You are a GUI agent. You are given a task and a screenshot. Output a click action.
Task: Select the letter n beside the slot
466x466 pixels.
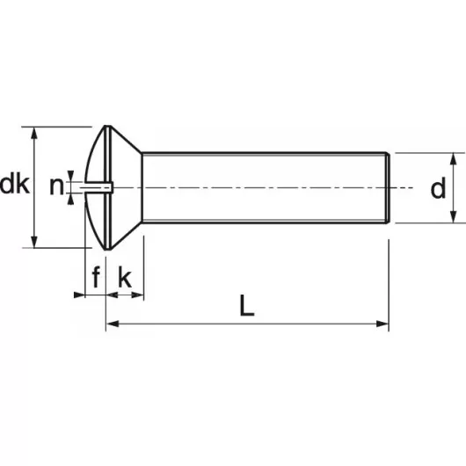coord(56,186)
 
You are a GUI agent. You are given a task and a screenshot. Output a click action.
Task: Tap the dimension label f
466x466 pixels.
coord(96,279)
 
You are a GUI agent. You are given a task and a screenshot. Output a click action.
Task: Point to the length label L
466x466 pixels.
coord(246,306)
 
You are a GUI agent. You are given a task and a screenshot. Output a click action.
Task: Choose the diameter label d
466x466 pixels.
coord(437,188)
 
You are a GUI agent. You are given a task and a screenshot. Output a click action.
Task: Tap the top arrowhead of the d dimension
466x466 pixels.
coord(454,158)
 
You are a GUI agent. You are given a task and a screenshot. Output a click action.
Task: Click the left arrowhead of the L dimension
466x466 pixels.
coord(111,324)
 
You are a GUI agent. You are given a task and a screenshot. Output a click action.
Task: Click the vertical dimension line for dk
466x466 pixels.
coord(34,211)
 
